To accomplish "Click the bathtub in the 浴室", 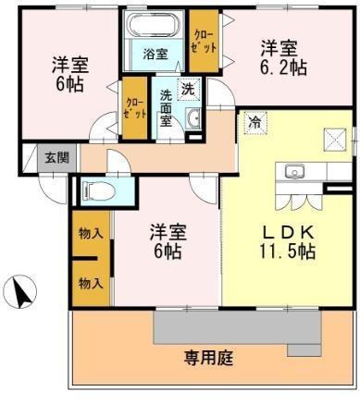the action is point(153,24).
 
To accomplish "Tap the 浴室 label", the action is point(155,55).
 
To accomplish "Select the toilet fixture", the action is point(98,190).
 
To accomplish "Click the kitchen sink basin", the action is point(294,171).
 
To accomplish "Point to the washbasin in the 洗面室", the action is point(193,118).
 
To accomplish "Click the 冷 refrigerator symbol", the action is point(254,122).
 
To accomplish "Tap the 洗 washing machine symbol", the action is point(188,89).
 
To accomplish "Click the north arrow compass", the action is point(20,291).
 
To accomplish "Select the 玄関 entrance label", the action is point(56,158).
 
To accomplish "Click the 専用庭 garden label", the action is point(209,359).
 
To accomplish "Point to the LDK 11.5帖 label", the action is point(288,242).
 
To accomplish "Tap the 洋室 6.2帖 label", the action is point(283,58).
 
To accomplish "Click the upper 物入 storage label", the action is point(91,233).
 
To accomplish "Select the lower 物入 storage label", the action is point(91,283).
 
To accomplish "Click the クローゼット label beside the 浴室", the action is point(204,42).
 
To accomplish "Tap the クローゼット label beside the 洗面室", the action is point(135,108).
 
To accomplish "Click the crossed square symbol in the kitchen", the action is point(334,140).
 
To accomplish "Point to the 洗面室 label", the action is point(166,109).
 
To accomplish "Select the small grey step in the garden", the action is point(304,350).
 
